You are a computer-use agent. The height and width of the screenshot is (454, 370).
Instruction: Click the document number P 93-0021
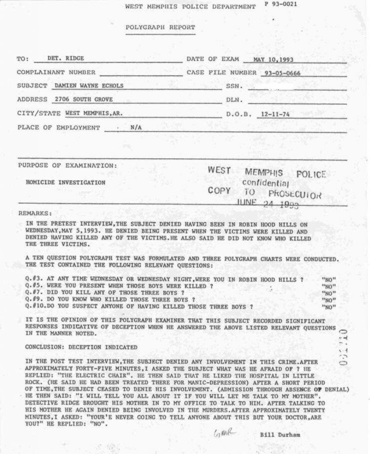tap(281, 4)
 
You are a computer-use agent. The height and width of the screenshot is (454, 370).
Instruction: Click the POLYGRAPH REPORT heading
tap(160, 27)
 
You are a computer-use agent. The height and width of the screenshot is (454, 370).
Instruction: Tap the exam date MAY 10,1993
tap(273, 59)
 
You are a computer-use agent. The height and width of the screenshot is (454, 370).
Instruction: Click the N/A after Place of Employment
tap(136, 128)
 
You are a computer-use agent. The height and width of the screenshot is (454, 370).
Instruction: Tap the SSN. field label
tap(234, 86)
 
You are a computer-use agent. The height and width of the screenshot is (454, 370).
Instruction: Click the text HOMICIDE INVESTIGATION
tap(66, 182)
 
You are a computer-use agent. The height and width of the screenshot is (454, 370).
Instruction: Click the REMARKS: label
tap(35, 213)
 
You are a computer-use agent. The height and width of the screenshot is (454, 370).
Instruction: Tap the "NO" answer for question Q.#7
tap(328, 293)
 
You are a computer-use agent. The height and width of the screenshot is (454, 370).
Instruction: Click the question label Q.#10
tap(35, 306)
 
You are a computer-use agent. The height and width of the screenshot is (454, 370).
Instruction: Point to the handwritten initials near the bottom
tap(225, 432)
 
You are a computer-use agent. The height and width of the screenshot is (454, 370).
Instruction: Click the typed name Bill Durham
tap(280, 435)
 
